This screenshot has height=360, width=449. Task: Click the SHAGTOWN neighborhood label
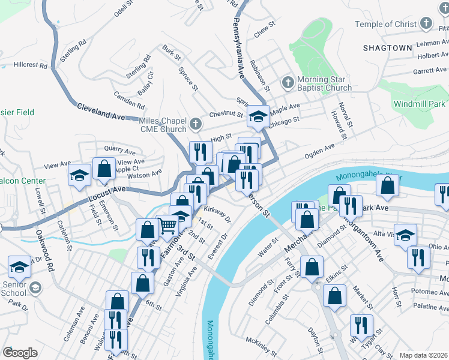(x=388, y=47)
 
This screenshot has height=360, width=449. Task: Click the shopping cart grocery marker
(x=167, y=227)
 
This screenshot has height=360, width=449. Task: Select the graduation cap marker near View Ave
(x=79, y=177)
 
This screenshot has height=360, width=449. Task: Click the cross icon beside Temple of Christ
(x=426, y=23)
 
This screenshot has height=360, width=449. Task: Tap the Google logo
(x=20, y=353)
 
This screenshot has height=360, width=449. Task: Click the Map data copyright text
(x=424, y=355)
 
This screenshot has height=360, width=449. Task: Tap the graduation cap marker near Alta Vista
(x=406, y=235)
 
